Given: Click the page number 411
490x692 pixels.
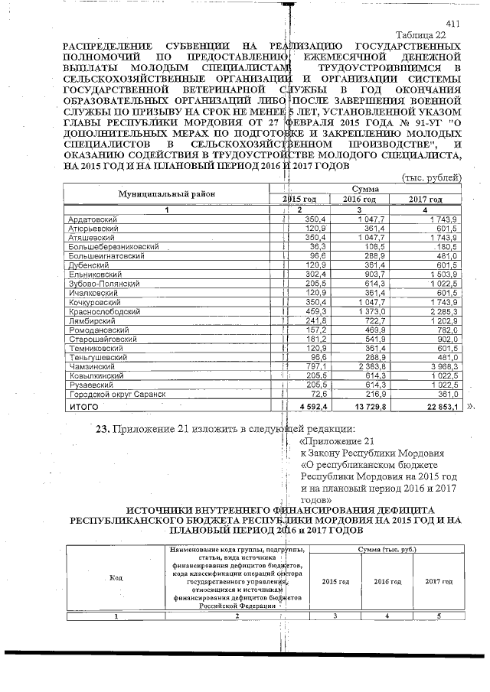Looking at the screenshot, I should (452, 24).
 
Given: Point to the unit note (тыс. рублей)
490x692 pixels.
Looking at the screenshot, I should (431, 177).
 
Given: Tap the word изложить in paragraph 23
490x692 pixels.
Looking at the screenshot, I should (207, 427).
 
